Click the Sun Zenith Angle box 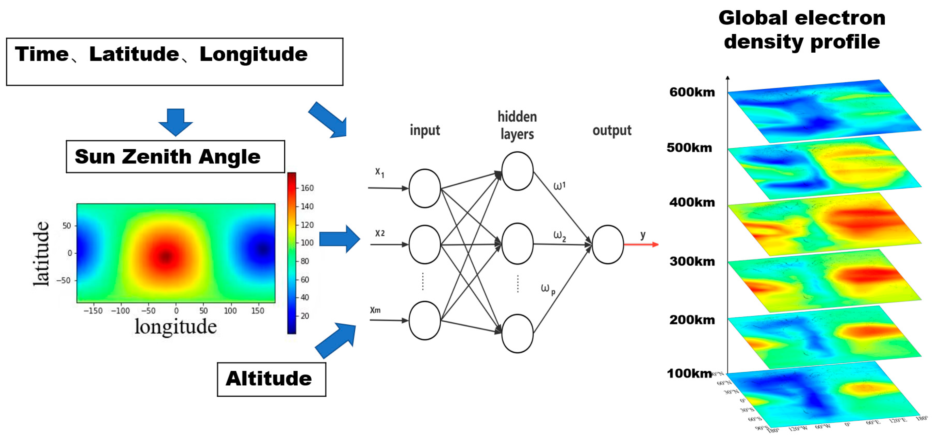[x=175, y=156]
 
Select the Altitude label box [x=271, y=379]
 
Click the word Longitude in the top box [x=253, y=54]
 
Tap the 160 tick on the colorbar [x=307, y=188]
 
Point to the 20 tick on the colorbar [x=305, y=316]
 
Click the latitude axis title [x=41, y=253]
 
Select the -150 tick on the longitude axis [x=93, y=311]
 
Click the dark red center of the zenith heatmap [x=166, y=256]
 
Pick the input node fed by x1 [x=424, y=188]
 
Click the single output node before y [x=608, y=244]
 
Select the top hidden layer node [x=517, y=171]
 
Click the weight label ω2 [x=559, y=236]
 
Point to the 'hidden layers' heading [x=517, y=125]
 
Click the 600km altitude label [x=692, y=92]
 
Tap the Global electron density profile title [x=802, y=30]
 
